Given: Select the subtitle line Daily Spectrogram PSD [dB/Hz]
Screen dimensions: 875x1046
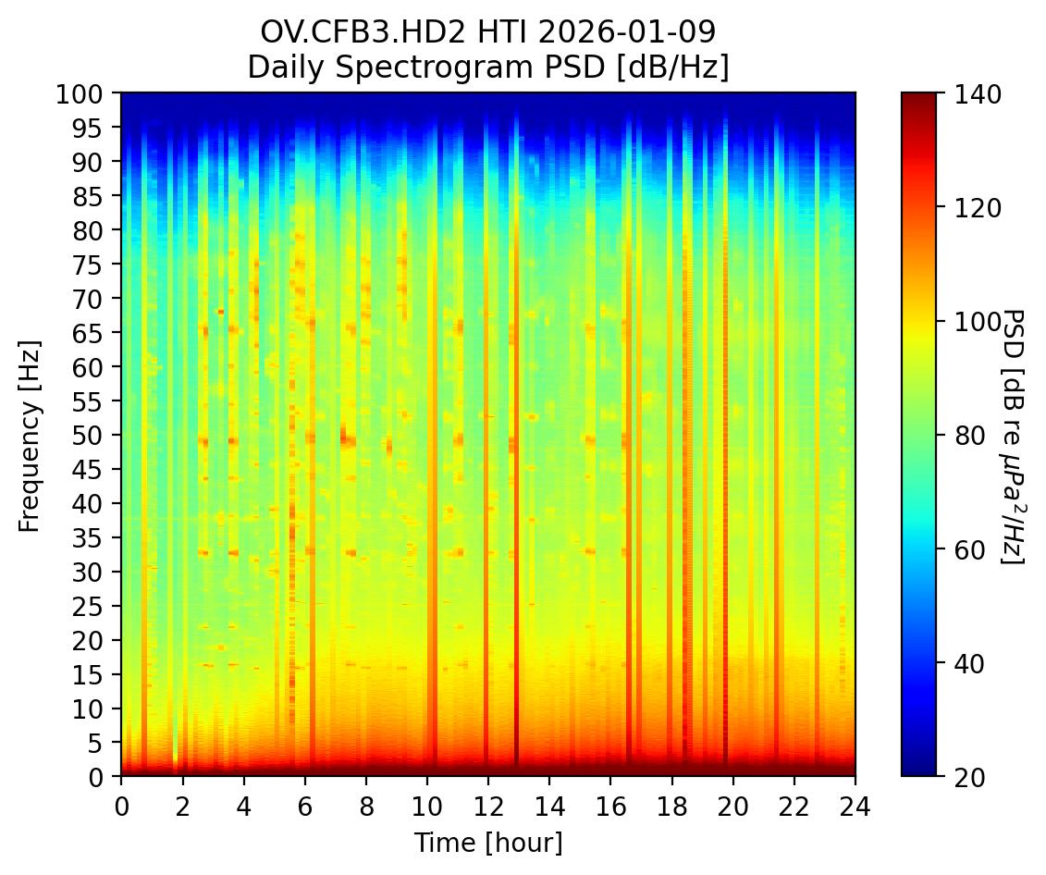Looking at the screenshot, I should tap(487, 67).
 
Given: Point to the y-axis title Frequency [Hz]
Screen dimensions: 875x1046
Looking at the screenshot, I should tap(30, 434).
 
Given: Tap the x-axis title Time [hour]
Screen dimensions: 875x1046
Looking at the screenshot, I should tap(487, 843).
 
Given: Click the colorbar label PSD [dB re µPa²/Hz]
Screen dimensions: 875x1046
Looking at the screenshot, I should tap(1014, 435).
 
